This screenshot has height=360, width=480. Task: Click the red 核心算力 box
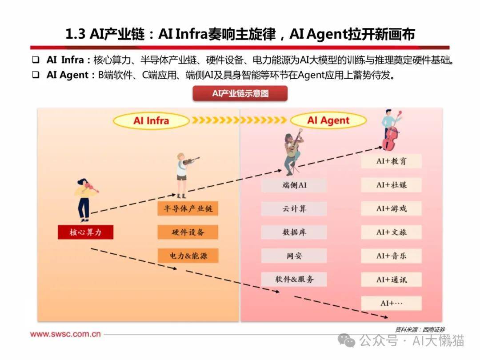pos(85,232)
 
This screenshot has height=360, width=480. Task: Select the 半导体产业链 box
pos(188,208)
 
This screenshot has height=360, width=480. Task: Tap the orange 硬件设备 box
pos(188,232)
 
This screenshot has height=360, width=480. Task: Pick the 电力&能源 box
pos(188,256)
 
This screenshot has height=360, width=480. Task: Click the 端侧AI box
pos(294,185)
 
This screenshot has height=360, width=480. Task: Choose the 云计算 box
pos(294,208)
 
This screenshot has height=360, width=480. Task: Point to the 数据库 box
pos(294,232)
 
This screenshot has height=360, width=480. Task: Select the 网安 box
pos(294,256)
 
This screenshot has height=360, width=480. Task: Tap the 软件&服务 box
pos(294,279)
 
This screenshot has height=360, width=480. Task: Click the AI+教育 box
pos(391,161)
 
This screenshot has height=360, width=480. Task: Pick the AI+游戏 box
pos(391,208)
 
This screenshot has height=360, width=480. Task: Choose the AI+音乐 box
pos(391,256)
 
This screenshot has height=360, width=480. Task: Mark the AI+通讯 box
pos(391,279)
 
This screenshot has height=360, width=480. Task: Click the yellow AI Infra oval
pos(151,120)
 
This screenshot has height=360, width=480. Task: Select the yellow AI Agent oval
pos(328,120)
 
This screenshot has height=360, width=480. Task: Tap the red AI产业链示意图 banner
pos(240,93)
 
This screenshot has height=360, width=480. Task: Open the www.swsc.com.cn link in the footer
pos(65,334)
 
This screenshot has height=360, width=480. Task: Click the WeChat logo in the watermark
pos(346,340)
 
